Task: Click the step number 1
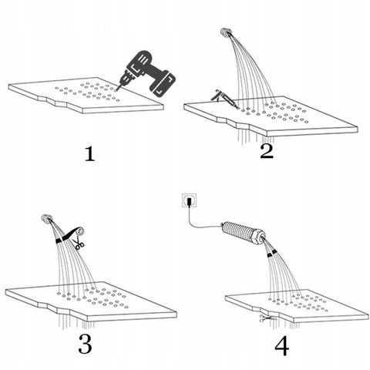point(90,154)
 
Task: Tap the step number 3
point(85,344)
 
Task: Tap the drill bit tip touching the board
point(116,90)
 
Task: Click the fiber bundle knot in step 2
point(225,32)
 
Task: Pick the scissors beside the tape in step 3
point(79,244)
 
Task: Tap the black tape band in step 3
point(59,241)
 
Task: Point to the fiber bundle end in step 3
point(46,218)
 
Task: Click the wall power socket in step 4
point(189,200)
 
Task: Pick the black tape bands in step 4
point(271,253)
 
